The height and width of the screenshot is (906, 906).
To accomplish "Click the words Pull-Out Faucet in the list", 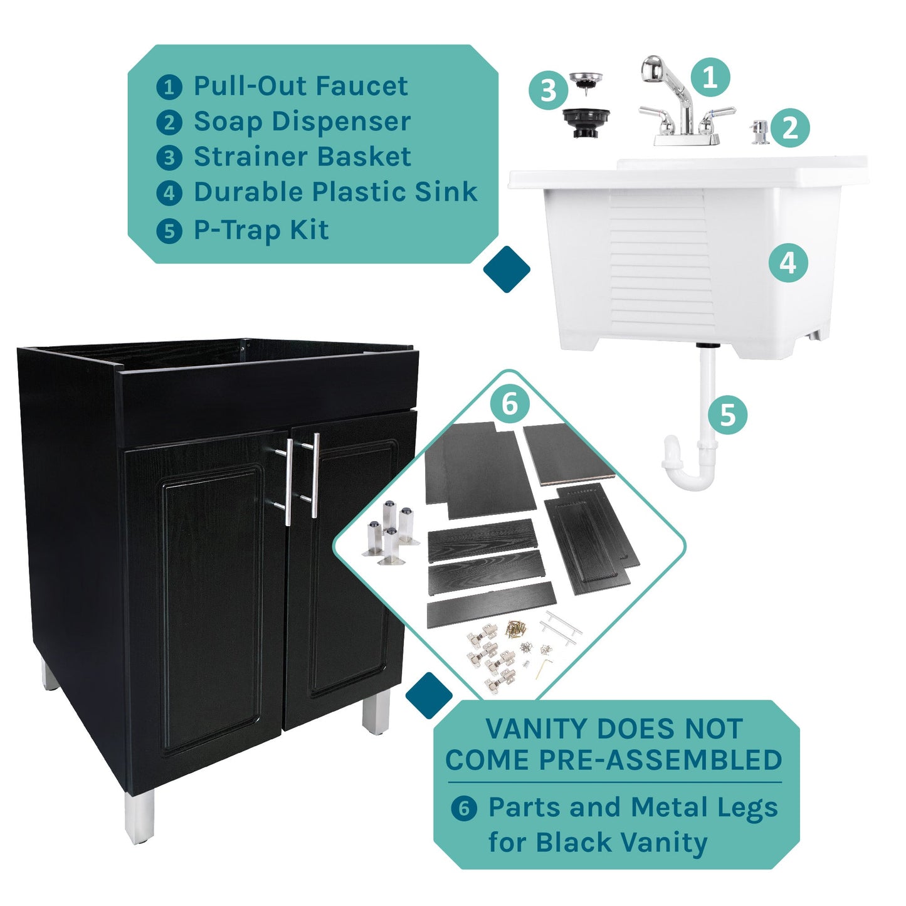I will point(300,86).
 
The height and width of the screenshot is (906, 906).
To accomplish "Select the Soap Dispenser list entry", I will point(302,121).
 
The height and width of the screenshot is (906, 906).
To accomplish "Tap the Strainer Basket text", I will point(302,157).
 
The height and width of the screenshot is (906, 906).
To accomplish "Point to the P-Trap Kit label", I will point(261,230).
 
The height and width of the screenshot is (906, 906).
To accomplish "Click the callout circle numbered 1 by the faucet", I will point(710,78).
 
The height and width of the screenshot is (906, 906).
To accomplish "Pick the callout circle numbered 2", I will point(790,128).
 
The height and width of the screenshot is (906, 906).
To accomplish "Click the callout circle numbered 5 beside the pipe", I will point(727,414).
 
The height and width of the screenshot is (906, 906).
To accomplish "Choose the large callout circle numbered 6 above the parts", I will point(510,404).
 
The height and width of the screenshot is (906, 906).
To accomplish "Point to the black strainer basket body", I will point(586,122).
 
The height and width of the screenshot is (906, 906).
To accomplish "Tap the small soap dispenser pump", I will point(759,132).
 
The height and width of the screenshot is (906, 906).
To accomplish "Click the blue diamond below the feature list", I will point(507,270).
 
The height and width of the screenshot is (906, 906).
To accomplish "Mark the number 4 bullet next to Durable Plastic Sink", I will point(169,193).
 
